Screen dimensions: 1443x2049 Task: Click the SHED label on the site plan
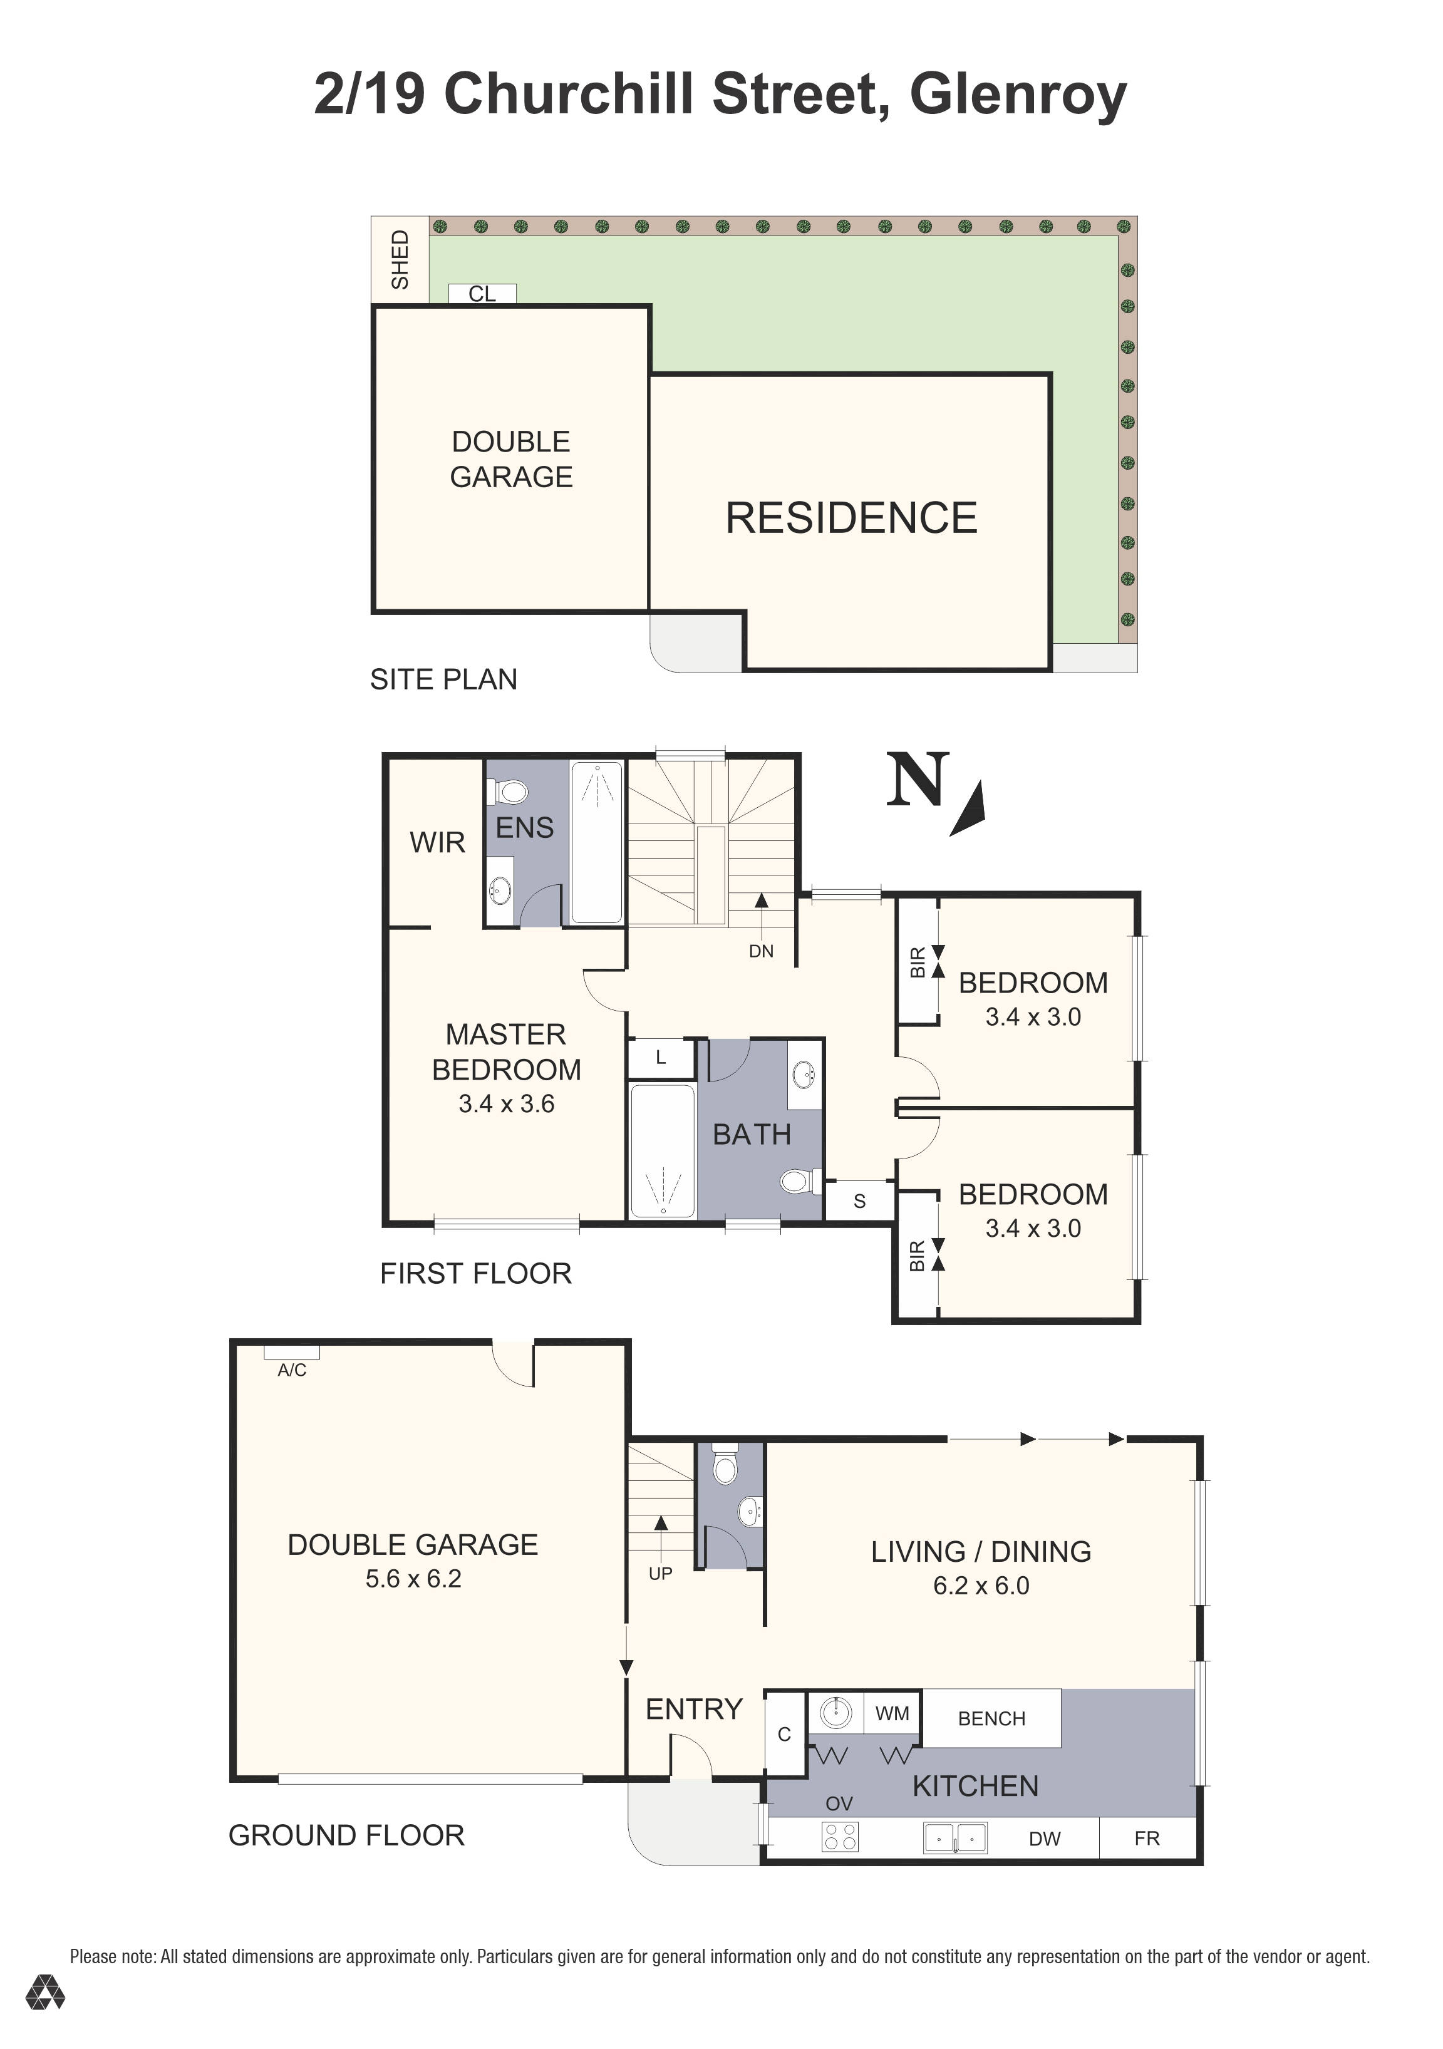pyautogui.click(x=400, y=260)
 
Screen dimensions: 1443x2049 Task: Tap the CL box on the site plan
pyautogui.click(x=482, y=294)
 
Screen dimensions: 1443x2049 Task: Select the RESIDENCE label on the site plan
pyautogui.click(x=851, y=518)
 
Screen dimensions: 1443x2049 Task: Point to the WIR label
pyautogui.click(x=437, y=842)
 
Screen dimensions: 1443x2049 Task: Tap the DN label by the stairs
pyautogui.click(x=761, y=951)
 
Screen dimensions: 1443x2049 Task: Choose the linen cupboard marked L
pyautogui.click(x=661, y=1058)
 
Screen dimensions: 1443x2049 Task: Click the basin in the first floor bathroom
pyautogui.click(x=805, y=1073)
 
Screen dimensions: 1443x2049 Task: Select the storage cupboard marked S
pyautogui.click(x=859, y=1200)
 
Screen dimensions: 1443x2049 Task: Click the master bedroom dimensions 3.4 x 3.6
pyautogui.click(x=507, y=1104)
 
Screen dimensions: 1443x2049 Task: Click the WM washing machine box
pyautogui.click(x=892, y=1713)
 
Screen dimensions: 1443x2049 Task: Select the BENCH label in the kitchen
pyautogui.click(x=991, y=1719)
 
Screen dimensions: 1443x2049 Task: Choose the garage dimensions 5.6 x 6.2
pyautogui.click(x=413, y=1579)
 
